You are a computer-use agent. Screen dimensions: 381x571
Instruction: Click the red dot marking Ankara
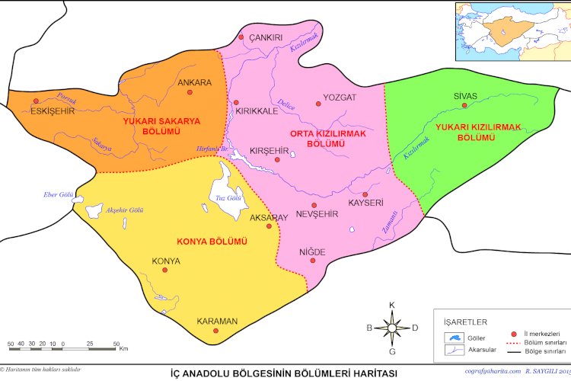190,93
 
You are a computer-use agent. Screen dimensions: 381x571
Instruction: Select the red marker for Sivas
464,106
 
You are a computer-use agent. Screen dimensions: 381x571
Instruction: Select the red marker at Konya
166,272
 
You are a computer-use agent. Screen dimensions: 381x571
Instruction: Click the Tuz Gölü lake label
228,198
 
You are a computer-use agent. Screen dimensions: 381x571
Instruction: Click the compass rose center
392,328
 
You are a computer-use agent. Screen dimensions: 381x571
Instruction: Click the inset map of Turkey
512,31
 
